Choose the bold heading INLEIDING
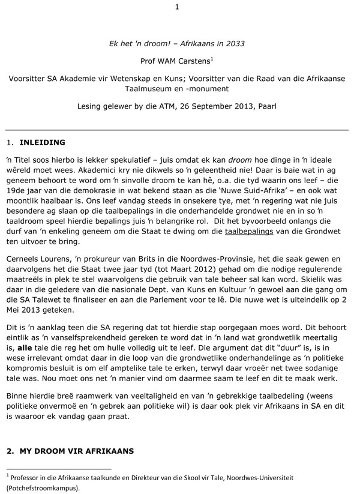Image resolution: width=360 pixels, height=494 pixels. (43, 143)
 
